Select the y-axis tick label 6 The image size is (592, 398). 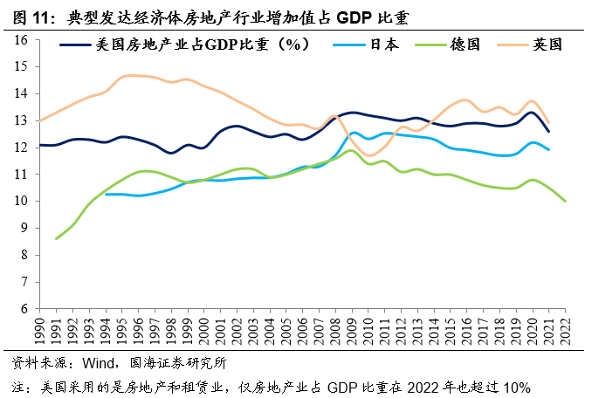tap(26, 309)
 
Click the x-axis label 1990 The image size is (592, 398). tap(39, 332)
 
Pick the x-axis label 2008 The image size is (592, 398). tap(336, 332)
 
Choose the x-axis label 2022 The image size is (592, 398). tap(567, 332)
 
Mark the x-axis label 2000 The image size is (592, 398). tap(204, 332)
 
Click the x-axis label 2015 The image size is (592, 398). tap(451, 332)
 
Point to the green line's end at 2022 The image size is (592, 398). tap(566, 202)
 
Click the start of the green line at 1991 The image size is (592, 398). tap(56, 238)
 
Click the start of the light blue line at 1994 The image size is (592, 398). tap(106, 194)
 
